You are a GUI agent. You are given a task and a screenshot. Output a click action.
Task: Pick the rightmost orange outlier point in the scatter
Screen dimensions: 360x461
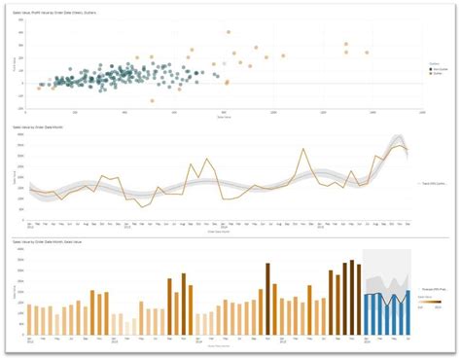pos(367,53)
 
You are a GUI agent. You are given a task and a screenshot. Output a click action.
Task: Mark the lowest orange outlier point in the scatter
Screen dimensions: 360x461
pos(153,101)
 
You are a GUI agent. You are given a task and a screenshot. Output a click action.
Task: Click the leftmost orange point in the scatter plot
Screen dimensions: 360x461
pos(40,88)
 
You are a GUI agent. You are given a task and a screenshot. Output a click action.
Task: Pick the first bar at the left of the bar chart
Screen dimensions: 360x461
pos(30,321)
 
